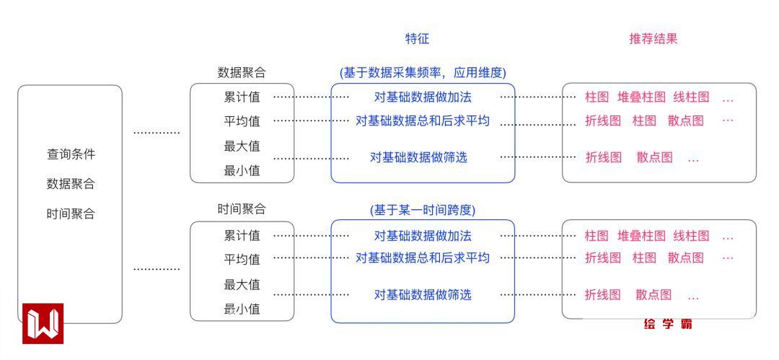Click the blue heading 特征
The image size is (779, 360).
pos(417,39)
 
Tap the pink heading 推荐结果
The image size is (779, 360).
pos(653,39)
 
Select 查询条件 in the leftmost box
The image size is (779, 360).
pos(71,154)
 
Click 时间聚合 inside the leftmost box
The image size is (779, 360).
pos(71,214)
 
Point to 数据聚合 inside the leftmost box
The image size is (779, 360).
pos(71,183)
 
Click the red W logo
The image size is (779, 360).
pos(43,323)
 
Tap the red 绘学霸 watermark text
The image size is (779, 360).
pos(668,325)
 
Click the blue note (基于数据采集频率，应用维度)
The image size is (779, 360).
pos(423,72)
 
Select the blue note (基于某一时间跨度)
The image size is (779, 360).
pos(423,210)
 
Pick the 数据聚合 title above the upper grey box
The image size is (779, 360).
pos(242,72)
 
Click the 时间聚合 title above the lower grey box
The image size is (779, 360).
pos(242,209)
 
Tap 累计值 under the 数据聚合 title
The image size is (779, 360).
pos(242,97)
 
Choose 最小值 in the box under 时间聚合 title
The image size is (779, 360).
pos(242,309)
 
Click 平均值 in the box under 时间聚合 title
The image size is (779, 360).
pos(242,259)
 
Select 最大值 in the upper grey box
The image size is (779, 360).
pos(242,146)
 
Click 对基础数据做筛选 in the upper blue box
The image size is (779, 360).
pos(418,157)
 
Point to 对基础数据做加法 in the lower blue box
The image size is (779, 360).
pos(423,236)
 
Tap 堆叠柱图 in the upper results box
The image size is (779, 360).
pos(641,97)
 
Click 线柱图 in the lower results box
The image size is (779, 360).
pos(691,236)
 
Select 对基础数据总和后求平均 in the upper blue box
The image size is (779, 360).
pos(423,120)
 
